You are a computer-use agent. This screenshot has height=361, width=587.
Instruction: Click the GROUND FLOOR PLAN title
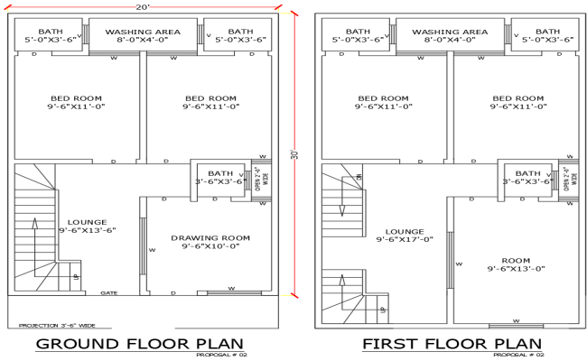[x=139, y=343]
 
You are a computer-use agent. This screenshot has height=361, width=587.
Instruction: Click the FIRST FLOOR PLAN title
[x=452, y=343]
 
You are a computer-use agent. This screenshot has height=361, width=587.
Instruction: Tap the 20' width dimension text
[x=143, y=7]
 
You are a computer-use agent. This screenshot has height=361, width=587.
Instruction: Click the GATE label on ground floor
[x=109, y=292]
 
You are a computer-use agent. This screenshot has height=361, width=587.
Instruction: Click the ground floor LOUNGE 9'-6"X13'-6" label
[x=87, y=226]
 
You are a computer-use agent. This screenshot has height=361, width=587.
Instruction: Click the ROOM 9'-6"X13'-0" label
[x=516, y=263]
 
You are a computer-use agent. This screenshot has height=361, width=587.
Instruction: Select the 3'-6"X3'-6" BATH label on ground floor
[x=220, y=177]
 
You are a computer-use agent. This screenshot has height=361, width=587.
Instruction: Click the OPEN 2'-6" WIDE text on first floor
[x=567, y=177]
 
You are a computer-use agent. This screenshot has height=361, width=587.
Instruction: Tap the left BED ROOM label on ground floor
[x=76, y=102]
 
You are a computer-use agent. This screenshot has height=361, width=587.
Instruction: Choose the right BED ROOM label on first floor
[x=518, y=102]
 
